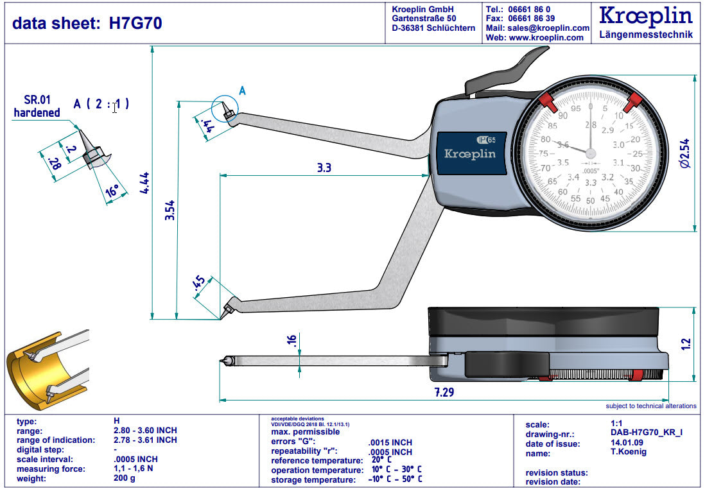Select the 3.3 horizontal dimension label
click(x=324, y=168)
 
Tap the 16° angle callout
click(x=112, y=191)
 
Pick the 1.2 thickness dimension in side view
click(x=686, y=344)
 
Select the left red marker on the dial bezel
click(x=546, y=100)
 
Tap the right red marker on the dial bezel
click(x=634, y=99)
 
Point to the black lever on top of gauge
click(x=504, y=71)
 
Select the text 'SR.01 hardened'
click(x=37, y=107)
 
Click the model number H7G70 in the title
click(x=135, y=24)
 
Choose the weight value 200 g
click(x=125, y=479)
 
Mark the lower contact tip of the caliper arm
click(x=227, y=311)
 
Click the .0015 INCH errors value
click(x=390, y=443)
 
